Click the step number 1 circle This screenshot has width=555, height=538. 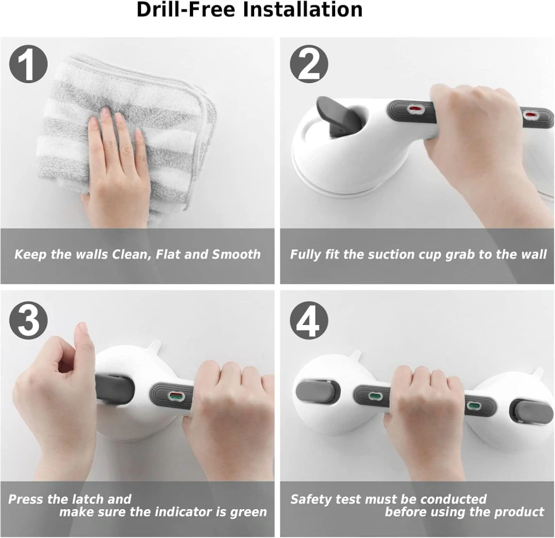[x=28, y=64]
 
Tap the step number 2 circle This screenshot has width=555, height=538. [x=309, y=64]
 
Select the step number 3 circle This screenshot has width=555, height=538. [x=28, y=320]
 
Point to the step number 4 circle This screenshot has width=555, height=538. [x=309, y=320]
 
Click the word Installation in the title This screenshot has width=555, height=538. [x=302, y=9]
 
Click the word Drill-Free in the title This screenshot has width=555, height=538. [x=186, y=9]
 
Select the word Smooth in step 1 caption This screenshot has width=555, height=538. [x=236, y=255]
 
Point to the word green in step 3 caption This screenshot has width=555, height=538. [x=248, y=512]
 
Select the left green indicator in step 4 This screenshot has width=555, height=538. [x=375, y=395]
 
